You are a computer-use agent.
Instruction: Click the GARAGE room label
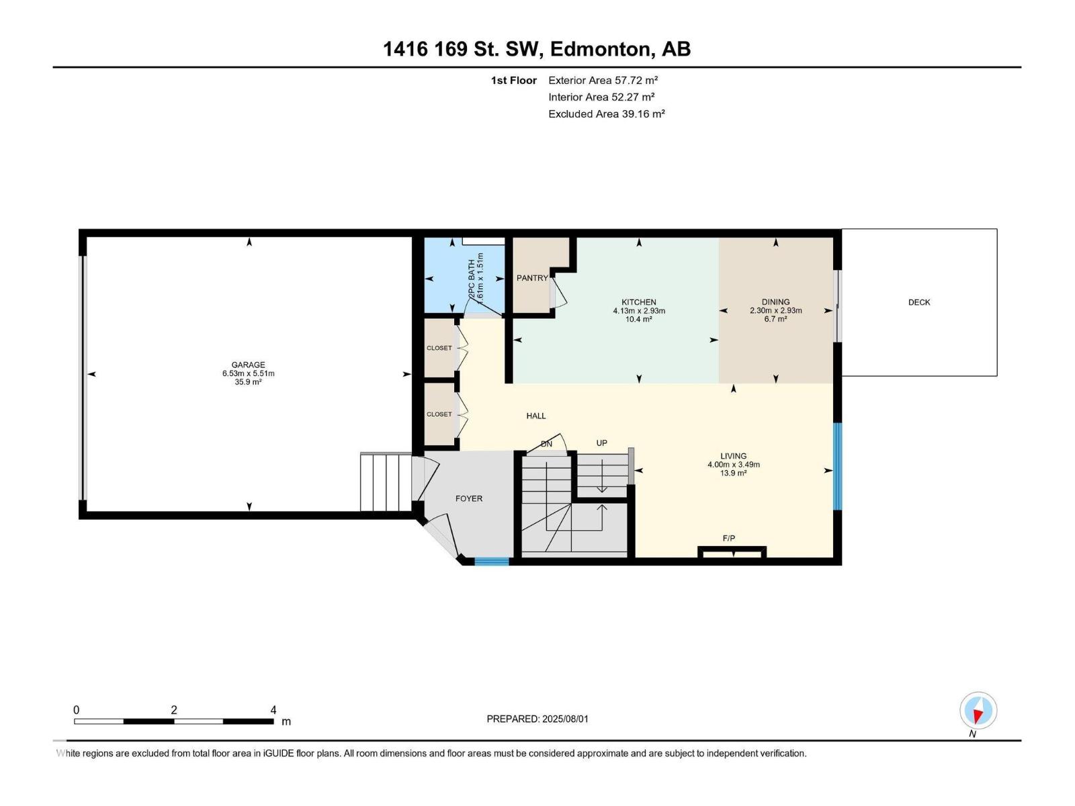248,365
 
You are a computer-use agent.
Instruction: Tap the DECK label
918,302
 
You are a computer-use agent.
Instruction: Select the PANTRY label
531,278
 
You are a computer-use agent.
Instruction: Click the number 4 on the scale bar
273,710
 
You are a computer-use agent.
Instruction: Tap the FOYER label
468,498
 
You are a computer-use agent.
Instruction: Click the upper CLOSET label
439,348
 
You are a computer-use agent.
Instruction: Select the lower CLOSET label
439,414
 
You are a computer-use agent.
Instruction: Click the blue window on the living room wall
837,466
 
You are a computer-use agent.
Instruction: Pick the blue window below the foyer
491,561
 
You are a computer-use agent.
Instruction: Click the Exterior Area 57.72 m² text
603,80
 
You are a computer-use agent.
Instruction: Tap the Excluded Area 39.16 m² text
606,114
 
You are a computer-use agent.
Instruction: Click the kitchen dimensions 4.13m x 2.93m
638,311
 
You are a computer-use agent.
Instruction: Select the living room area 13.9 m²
733,474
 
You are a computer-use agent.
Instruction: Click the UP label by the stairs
601,443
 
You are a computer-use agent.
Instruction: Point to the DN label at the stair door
546,444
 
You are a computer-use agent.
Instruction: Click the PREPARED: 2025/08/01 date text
537,719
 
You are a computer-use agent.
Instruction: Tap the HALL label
535,416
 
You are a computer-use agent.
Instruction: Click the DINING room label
775,302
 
